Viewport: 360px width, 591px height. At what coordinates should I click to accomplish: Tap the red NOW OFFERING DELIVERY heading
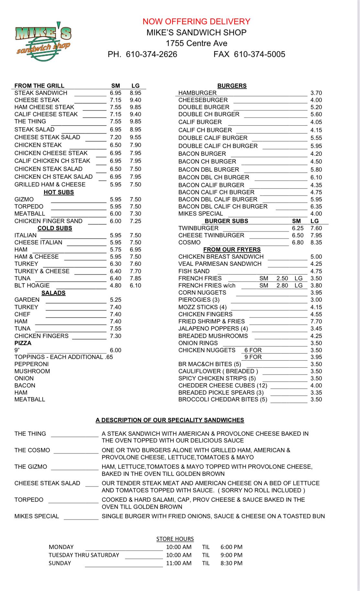tap(196, 21)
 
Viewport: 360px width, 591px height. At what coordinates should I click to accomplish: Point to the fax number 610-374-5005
tap(259, 54)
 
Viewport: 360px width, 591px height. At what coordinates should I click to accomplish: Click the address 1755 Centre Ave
tap(196, 43)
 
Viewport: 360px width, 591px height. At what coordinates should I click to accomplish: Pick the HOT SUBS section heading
tap(59, 192)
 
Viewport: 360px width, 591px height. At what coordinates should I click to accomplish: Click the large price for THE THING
tap(136, 121)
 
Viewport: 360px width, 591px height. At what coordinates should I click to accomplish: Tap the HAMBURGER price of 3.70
tap(316, 93)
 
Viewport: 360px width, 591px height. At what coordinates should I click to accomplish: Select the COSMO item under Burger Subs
tap(189, 242)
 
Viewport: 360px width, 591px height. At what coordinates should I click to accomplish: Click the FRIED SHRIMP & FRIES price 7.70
tap(316, 321)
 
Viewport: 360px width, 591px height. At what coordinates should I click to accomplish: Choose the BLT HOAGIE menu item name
tap(32, 285)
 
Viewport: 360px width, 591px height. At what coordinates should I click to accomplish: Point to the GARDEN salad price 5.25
tap(115, 300)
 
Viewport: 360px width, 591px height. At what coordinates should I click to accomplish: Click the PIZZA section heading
tap(23, 343)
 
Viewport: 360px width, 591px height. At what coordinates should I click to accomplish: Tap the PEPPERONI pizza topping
tap(31, 364)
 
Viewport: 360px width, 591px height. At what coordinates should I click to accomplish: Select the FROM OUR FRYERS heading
tap(232, 250)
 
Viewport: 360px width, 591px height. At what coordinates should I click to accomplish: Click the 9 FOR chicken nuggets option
tap(253, 357)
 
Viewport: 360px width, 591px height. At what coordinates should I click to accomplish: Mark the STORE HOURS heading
tap(175, 539)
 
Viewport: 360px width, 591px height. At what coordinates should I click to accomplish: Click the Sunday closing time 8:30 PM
tap(231, 563)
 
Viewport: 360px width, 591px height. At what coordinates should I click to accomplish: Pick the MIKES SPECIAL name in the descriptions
tap(37, 516)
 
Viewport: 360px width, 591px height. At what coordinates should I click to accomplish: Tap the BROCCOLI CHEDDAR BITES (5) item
tap(223, 399)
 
